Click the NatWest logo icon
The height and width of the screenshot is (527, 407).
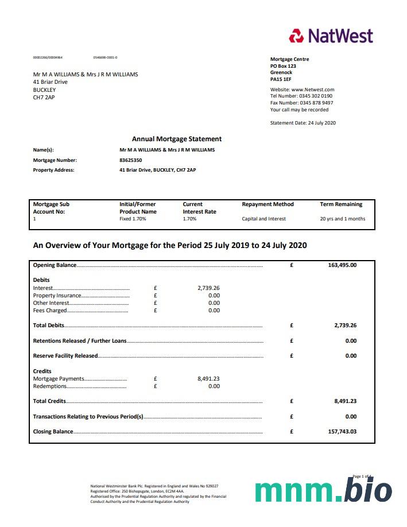point(296,36)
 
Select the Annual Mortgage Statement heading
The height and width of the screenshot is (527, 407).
point(177,139)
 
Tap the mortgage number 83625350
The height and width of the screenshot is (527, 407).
point(130,160)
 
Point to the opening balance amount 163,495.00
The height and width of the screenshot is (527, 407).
point(342,265)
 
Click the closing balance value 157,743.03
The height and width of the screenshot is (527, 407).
point(342,432)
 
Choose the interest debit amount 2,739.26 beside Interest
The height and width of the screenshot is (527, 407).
point(208,288)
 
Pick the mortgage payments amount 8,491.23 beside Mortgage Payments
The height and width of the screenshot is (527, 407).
point(208,379)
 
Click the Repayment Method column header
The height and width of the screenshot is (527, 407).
point(268,204)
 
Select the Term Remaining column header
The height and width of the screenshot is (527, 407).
point(341,204)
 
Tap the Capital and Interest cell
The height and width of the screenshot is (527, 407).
point(263,219)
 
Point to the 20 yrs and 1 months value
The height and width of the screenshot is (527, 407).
point(342,219)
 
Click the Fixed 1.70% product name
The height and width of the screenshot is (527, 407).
point(133,219)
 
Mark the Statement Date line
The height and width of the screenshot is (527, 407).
point(303,123)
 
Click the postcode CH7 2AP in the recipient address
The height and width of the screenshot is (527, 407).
point(44,98)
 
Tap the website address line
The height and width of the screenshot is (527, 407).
point(302,90)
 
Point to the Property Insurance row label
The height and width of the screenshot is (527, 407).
point(57,296)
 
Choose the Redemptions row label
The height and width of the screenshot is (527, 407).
point(50,386)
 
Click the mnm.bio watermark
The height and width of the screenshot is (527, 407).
point(323,491)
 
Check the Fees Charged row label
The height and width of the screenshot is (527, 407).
point(50,311)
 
